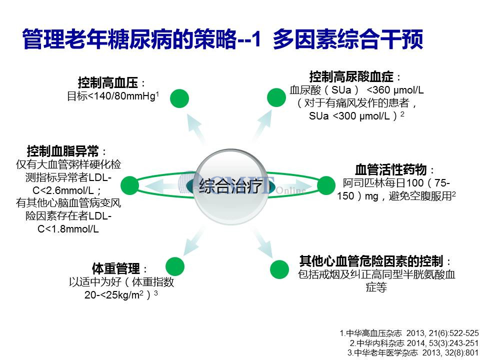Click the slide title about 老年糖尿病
pos(222,39)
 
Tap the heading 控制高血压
pos(108,82)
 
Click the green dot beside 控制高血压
pos(179,98)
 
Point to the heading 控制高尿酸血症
pos(351,76)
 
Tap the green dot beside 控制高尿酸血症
pos(276,97)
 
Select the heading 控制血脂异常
pos(63,151)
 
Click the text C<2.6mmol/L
pos(63,190)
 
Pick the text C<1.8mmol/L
pos(68,229)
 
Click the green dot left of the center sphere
pos(130,185)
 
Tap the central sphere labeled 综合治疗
pos(231,186)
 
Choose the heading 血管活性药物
pos(391,169)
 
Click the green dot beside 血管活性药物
pos(326,185)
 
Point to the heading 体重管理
pos(116,269)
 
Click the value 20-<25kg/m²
pos(114,295)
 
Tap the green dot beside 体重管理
pos(175,266)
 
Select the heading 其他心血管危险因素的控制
pos(371,261)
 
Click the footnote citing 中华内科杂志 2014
pos(414,343)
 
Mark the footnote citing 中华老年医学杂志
pos(413,353)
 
